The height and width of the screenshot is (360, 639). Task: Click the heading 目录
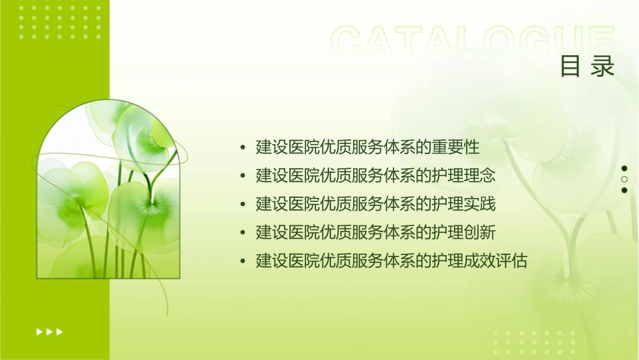[x=587, y=67]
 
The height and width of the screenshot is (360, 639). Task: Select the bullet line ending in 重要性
[x=367, y=147]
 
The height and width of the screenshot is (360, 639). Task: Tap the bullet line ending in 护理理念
[x=375, y=176]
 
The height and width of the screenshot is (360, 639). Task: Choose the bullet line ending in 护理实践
[x=375, y=204]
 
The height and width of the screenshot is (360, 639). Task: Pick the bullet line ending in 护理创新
[x=375, y=233]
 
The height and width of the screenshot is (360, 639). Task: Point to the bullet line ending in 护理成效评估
[x=391, y=261]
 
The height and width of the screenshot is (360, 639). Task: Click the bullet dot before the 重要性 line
[x=242, y=147]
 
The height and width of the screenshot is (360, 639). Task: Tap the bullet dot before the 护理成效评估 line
[x=242, y=262]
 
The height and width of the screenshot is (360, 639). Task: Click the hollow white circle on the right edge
[x=624, y=180]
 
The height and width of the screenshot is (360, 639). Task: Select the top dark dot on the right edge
[x=624, y=169]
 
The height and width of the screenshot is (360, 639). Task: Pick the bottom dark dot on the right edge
[x=624, y=190]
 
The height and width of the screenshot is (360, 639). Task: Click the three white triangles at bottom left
[x=49, y=331]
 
